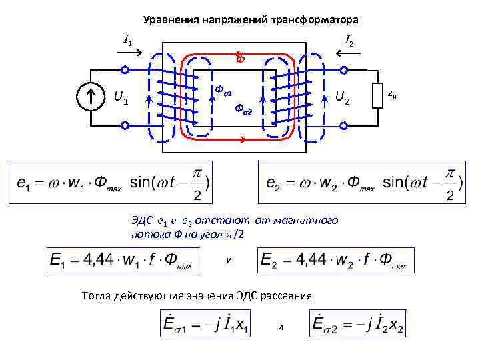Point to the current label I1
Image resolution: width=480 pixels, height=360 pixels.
pos(127,38)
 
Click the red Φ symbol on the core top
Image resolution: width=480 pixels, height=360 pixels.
pos(241,59)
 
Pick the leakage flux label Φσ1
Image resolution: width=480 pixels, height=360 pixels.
pos(222,89)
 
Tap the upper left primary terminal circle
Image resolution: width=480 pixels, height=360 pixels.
pos(125,70)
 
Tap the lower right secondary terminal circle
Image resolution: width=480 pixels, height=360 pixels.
pos(344,125)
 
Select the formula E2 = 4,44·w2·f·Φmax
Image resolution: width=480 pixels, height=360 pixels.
pos(335,260)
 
